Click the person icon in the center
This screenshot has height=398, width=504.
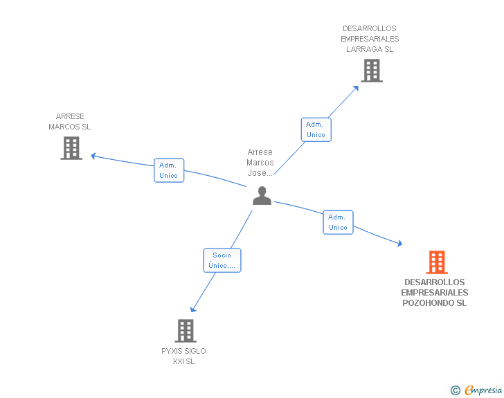pos(262,196)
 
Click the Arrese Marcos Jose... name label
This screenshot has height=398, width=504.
pos(260,163)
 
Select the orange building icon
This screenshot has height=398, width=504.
pos(436,262)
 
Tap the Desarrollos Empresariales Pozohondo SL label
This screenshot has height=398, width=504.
pos(435,293)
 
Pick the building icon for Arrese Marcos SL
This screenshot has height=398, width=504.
pos(71,147)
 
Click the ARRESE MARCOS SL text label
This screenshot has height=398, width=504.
pos(70,122)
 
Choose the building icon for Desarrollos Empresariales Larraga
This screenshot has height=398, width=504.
pos(371,70)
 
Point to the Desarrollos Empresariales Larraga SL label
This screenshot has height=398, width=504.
pos(370,39)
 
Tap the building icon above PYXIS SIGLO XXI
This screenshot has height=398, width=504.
pos(186,331)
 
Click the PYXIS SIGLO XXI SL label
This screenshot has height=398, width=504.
pos(183,356)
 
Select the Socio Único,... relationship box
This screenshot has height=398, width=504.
pos(222,260)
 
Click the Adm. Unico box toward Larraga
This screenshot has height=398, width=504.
pos(316,129)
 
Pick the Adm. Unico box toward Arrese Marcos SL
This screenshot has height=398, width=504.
pos(168,170)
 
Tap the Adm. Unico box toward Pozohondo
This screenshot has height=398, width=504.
pos(338,222)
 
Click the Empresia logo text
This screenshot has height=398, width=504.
pos(483,390)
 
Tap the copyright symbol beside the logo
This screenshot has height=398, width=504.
pos(455,390)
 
